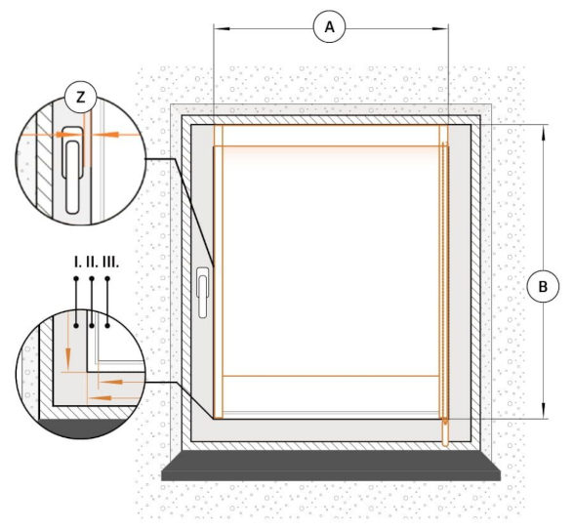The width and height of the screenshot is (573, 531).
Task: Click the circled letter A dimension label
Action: (x=329, y=27)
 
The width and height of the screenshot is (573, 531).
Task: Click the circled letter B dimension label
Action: (x=543, y=286)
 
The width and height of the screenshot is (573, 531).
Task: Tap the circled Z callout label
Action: (x=80, y=98)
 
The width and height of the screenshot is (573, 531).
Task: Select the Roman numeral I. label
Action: (x=77, y=262)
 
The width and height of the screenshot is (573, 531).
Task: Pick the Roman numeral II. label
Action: (x=92, y=262)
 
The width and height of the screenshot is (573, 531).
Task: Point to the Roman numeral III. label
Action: (x=110, y=262)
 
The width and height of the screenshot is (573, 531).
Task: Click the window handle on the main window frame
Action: (x=203, y=292)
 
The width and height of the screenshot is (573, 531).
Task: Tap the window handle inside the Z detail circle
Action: (x=72, y=170)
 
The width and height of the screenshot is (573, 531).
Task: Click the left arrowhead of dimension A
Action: (x=222, y=28)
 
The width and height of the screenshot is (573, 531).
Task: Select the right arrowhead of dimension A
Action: (x=440, y=28)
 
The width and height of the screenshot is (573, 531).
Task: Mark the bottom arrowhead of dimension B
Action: (x=544, y=410)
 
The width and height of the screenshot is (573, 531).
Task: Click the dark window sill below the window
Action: (x=331, y=466)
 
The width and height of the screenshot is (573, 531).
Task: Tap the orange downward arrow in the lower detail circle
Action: (x=67, y=355)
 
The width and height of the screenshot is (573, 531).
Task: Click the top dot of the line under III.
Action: (x=107, y=279)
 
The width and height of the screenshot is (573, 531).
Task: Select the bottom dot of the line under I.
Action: (x=76, y=325)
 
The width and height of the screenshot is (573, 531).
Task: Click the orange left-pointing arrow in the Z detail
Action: (x=109, y=135)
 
